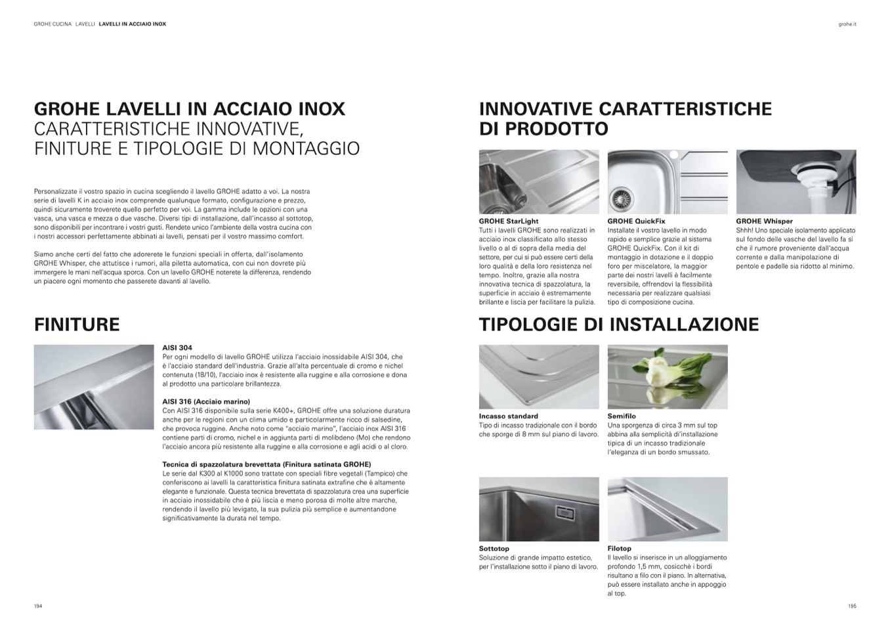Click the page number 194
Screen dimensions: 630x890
coord(38,606)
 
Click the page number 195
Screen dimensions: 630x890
coord(852,606)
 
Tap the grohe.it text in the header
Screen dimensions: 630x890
coord(847,24)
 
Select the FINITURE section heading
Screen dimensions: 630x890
coord(77,325)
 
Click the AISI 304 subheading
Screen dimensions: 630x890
coord(177,348)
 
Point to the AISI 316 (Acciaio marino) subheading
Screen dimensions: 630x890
coord(206,401)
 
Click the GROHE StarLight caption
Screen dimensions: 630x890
coord(509,221)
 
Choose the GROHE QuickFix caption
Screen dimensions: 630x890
coord(636,221)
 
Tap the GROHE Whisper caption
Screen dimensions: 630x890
coord(764,221)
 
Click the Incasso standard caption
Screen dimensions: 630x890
coord(509,416)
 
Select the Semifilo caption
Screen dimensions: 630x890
coord(622,416)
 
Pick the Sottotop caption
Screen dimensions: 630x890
coord(494,549)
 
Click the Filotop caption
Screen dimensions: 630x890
coord(620,549)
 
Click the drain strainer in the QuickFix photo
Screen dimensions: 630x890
coord(619,197)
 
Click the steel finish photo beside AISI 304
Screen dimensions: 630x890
coord(93,387)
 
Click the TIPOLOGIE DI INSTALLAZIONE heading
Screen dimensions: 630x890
coord(619,325)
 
